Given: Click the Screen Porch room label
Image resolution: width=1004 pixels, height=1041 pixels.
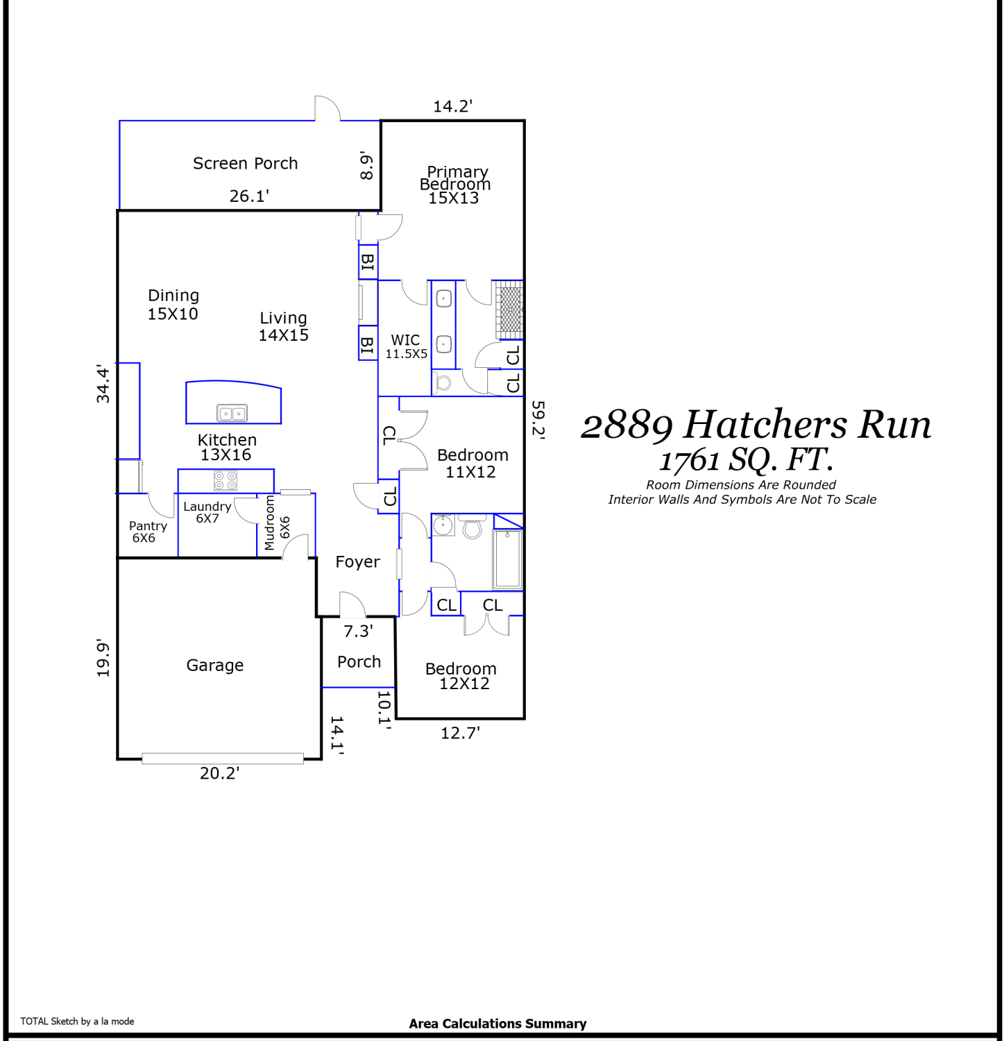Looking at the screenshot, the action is coord(245,163).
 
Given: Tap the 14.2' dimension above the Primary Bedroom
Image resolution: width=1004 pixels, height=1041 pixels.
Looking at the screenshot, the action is coord(452,106).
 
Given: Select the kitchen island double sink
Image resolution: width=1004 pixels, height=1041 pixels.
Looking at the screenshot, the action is coord(232,414).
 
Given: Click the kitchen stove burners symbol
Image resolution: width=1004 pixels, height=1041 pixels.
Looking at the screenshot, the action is coord(226,480).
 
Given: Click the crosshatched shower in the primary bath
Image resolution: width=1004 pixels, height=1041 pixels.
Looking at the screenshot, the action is coord(510,310).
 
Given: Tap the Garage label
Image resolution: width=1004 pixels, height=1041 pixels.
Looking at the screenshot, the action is coord(215,666).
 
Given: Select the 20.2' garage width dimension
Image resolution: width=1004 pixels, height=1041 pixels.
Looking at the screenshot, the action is coord(219,773).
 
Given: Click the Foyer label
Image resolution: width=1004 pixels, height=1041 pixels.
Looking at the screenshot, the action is coord(357,562).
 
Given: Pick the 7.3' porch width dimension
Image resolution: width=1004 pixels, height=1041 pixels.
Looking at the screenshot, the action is coord(358,631).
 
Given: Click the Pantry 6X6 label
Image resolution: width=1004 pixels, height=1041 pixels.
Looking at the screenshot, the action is coord(147,532).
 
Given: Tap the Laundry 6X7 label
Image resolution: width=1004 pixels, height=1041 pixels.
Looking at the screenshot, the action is coord(207,512).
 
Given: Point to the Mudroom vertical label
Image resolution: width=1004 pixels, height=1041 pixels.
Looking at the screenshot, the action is coord(270,523).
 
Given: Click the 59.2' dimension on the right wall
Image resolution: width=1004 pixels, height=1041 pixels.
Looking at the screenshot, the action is coord(538,420).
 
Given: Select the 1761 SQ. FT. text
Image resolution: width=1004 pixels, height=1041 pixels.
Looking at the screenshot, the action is coord(746,460).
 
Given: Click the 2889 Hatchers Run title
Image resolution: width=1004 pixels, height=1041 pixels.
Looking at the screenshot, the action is coord(756,425).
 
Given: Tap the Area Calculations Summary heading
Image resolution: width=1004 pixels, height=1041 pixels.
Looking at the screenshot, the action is coord(497,1024).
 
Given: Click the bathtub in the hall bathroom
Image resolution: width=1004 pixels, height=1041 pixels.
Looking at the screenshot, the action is coord(508,559).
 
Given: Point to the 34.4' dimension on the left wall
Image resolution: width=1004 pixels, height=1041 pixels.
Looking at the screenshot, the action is coord(103,384).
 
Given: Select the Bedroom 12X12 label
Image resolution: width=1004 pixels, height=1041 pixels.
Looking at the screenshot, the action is coord(462,676).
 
